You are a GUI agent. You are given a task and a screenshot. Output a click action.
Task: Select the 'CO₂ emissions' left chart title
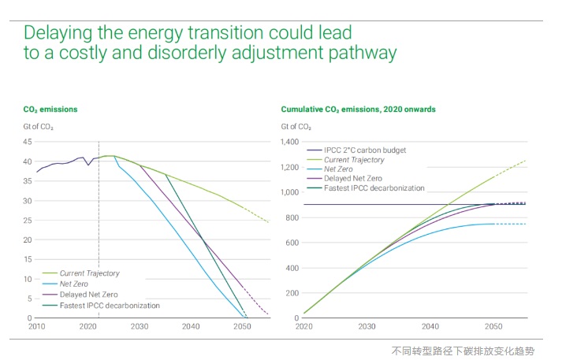(x=50, y=109)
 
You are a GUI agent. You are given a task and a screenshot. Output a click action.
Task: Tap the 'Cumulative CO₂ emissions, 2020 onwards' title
(x=358, y=109)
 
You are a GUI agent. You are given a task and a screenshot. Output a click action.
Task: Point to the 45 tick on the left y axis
(x=27, y=142)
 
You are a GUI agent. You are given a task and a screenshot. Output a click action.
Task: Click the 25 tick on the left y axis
(x=27, y=220)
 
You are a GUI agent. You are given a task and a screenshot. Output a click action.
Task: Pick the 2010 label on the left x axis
(x=37, y=325)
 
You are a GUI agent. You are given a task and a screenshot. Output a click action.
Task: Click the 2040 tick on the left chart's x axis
(x=192, y=325)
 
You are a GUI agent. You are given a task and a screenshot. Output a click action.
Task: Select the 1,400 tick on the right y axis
(x=289, y=142)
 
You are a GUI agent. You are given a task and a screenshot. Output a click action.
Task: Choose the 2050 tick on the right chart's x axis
(x=493, y=325)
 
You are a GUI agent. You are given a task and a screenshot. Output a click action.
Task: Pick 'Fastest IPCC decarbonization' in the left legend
(x=110, y=305)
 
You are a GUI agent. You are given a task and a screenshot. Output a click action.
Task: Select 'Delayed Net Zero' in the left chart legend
(x=92, y=295)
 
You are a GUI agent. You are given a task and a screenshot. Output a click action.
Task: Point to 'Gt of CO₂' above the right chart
(x=296, y=126)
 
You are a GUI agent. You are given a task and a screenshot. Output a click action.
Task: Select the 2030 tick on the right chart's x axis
(x=367, y=325)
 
